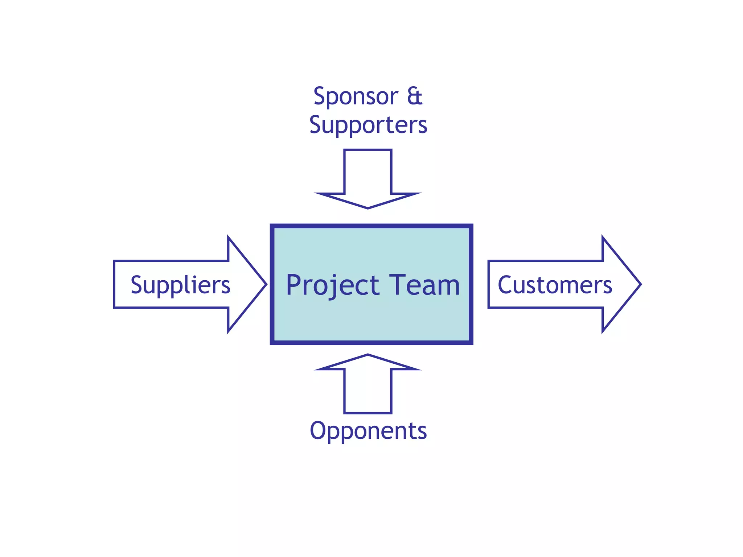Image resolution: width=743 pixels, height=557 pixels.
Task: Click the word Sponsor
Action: coord(356,97)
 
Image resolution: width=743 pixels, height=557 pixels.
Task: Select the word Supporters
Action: coord(368,125)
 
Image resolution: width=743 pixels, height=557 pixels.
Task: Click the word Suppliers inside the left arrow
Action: coord(180,285)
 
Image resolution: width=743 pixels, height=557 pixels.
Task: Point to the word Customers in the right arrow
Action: coord(555,285)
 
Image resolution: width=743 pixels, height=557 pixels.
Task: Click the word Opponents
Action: coord(368,431)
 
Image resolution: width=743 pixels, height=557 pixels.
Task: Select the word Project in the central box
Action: coord(332,286)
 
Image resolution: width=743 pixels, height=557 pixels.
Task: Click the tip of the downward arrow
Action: coord(368,208)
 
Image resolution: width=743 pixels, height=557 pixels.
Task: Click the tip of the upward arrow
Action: coord(368,355)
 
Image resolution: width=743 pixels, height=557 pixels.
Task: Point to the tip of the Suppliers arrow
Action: coord(266,284)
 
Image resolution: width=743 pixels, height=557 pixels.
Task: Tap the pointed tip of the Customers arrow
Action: coord(640,284)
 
